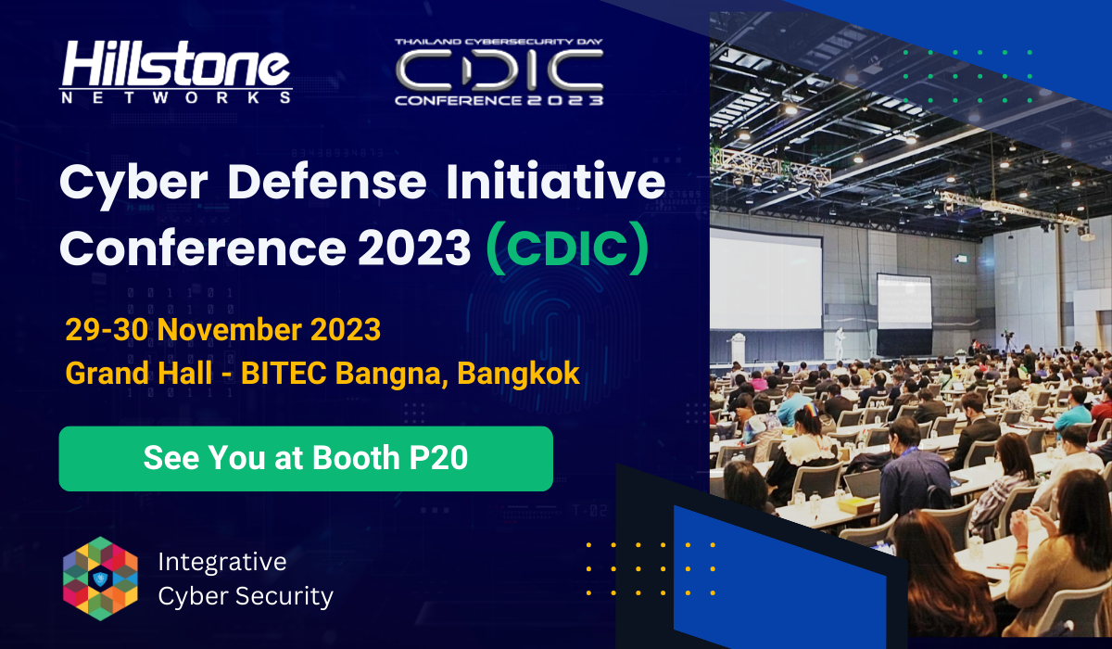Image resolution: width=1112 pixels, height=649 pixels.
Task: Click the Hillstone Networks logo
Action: pos(176,72)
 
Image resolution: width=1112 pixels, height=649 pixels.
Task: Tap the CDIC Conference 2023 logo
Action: pos(499,72)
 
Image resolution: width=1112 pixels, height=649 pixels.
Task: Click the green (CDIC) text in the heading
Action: pos(567,248)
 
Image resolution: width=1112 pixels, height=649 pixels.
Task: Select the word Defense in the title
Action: pos(327,183)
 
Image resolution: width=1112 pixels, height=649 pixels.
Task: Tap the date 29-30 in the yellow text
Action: pos(107,330)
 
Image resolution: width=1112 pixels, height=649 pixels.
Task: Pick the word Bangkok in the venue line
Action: pos(518,373)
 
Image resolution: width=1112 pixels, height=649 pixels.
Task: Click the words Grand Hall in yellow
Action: pos(139,373)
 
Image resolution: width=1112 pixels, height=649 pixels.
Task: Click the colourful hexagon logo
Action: pos(100,579)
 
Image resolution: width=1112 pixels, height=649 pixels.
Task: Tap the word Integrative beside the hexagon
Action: pos(222,563)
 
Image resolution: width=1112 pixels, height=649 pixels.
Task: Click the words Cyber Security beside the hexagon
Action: pos(246,597)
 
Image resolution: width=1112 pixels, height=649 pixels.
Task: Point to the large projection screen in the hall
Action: pos(766,281)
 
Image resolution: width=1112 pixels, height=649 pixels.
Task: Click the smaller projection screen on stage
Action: pos(904,301)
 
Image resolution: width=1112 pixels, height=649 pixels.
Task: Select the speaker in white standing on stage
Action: pos(839,344)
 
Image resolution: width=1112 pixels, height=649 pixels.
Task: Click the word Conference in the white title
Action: pos(203,248)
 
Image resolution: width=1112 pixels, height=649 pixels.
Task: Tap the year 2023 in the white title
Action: pos(414,248)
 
